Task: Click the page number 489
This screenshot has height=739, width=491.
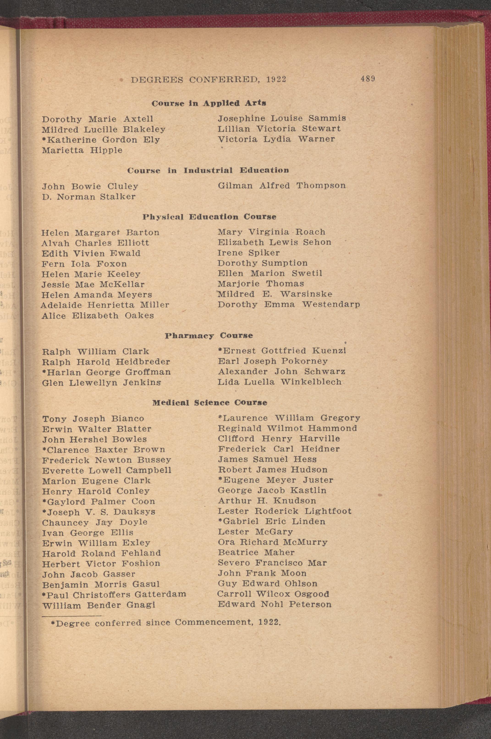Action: click(368, 79)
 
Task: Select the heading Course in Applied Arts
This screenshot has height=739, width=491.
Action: click(209, 103)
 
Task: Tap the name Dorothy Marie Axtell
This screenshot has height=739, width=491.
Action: click(98, 119)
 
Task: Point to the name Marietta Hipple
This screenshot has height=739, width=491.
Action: click(82, 150)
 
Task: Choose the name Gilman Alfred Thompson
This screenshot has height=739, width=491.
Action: click(281, 185)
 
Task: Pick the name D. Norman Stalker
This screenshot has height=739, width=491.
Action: click(89, 197)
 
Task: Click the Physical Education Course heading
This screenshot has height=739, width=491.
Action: click(209, 217)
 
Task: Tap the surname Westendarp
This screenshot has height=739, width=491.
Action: click(331, 304)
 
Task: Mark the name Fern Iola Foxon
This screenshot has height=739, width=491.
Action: click(84, 264)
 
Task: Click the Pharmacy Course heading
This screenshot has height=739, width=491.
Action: click(209, 335)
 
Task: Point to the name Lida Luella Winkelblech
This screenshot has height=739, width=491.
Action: click(279, 382)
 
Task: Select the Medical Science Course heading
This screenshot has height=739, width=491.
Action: click(210, 403)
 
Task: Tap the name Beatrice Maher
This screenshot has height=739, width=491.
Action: click(256, 552)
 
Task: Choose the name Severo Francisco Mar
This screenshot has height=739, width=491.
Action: click(272, 563)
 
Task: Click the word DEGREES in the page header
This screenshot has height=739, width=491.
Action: click(157, 80)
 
